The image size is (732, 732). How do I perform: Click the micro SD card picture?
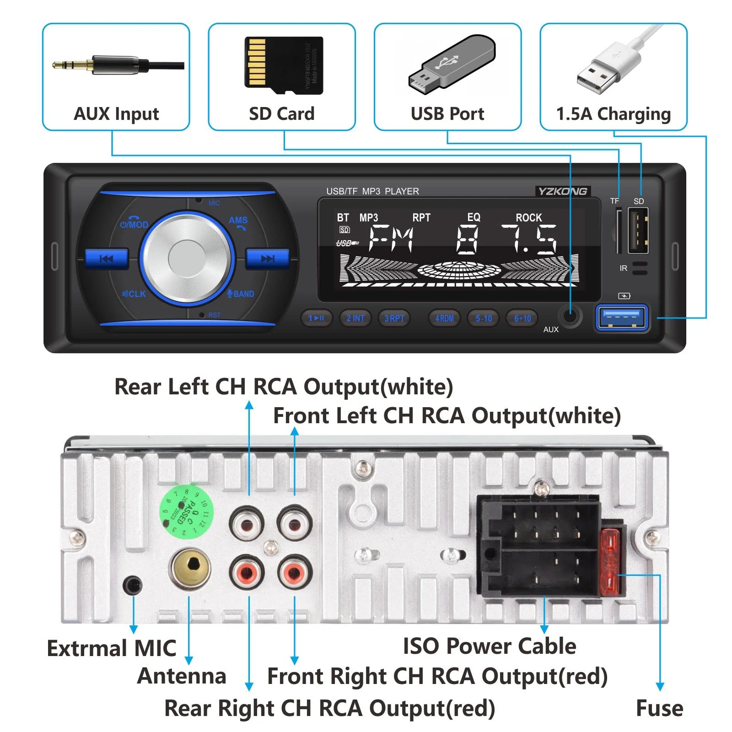284,65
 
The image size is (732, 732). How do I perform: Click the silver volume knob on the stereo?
187,258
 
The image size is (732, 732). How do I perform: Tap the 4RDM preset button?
444,318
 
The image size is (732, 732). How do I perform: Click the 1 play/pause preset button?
316,318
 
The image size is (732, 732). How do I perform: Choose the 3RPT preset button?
394,318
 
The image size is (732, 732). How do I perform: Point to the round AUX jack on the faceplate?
570,315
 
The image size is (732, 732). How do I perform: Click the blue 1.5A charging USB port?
622,317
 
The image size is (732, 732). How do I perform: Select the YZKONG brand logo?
562,191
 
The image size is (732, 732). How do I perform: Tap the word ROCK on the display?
528,218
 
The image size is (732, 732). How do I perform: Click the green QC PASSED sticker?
186,511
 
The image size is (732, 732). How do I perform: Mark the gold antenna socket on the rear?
190,568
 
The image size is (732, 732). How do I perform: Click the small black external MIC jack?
133,585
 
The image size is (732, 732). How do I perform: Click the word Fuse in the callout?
659,708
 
